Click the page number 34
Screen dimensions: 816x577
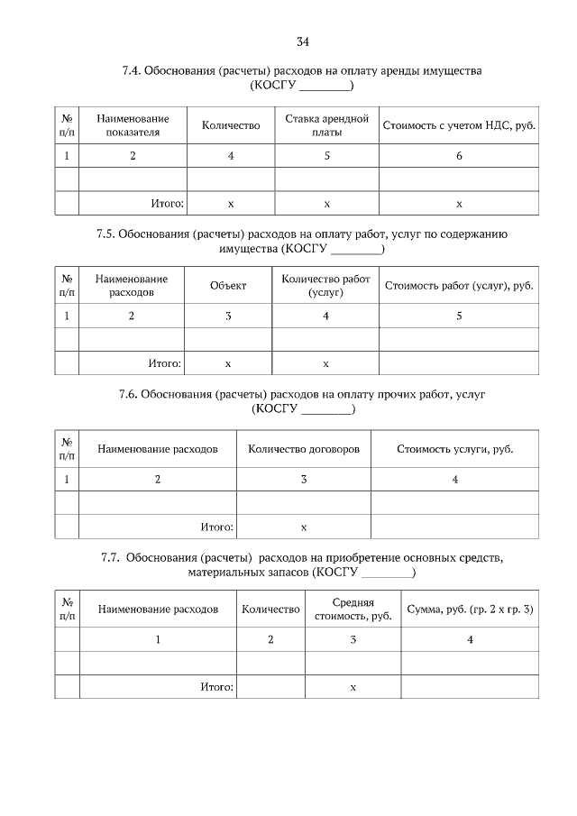tap(302, 41)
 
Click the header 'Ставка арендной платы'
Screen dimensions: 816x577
tap(326, 125)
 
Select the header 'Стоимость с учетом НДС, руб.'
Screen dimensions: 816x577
tap(459, 125)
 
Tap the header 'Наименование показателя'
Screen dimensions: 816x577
tap(133, 125)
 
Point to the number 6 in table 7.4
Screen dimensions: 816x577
tap(459, 156)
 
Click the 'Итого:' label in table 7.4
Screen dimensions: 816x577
tap(168, 204)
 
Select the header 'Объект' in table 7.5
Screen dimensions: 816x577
tap(228, 286)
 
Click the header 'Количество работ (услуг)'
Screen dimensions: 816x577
tap(325, 286)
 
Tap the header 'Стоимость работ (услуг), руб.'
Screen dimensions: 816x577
tap(459, 286)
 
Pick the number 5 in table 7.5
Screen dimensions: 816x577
tap(459, 316)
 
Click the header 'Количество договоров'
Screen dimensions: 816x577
tap(304, 448)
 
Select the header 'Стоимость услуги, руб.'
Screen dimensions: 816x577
tap(455, 448)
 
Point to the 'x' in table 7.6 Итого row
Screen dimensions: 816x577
tap(304, 527)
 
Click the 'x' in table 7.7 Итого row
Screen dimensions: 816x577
tap(353, 687)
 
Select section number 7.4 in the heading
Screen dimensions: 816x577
tap(132, 70)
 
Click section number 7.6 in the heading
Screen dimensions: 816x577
tap(129, 394)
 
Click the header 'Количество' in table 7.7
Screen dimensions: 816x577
tap(270, 610)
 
